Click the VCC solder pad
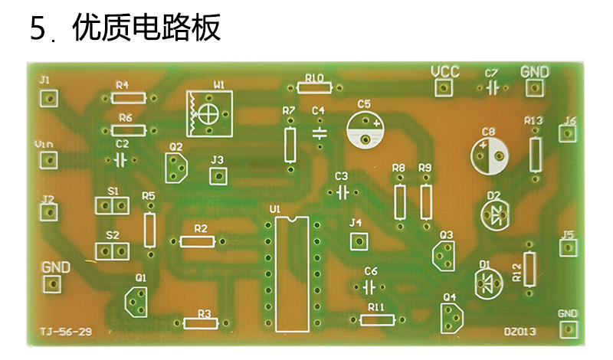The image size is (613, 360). pos(444,87)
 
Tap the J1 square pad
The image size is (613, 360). pos(49,99)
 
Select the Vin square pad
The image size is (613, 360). pos(49,160)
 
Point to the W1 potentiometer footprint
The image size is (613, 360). pos(209,114)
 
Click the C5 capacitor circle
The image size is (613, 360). pos(366,129)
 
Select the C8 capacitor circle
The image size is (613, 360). pos(490,156)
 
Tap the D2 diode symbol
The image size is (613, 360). pos(495,214)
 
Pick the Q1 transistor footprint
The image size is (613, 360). pos(136,302)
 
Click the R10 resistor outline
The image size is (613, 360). pos(314,87)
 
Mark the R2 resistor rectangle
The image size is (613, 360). pos(198,241)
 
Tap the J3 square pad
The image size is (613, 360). pos(218,176)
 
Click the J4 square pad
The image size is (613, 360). pos(359,241)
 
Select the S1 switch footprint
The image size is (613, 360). pos(112,205)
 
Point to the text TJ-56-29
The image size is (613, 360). pos(66,332)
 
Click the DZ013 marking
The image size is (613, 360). pos(520,332)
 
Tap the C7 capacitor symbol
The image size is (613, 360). pos(493,88)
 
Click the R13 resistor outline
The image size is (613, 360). pos(536,155)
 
